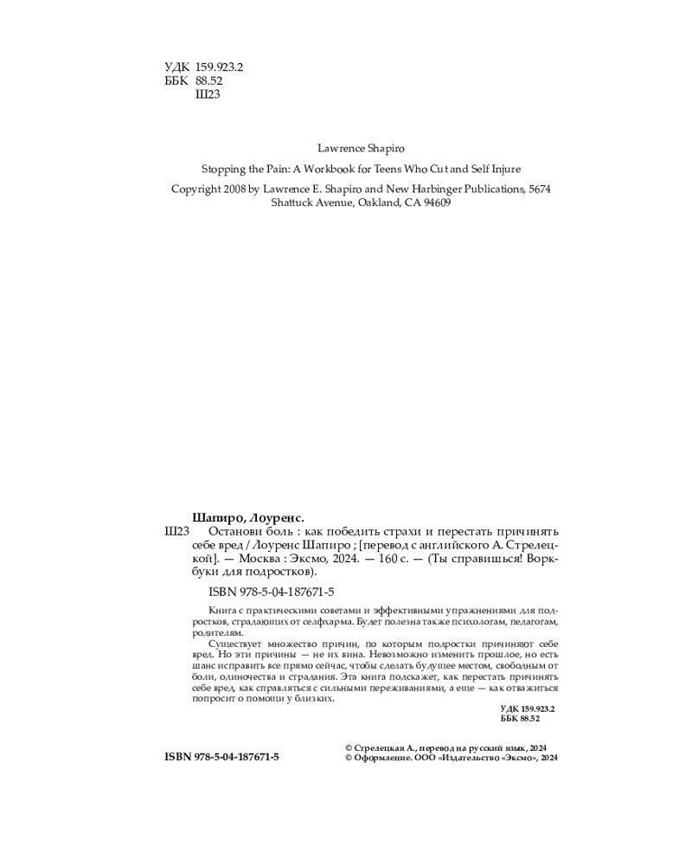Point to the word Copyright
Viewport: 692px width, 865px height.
(x=198, y=189)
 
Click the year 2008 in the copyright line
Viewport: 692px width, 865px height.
(x=244, y=189)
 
